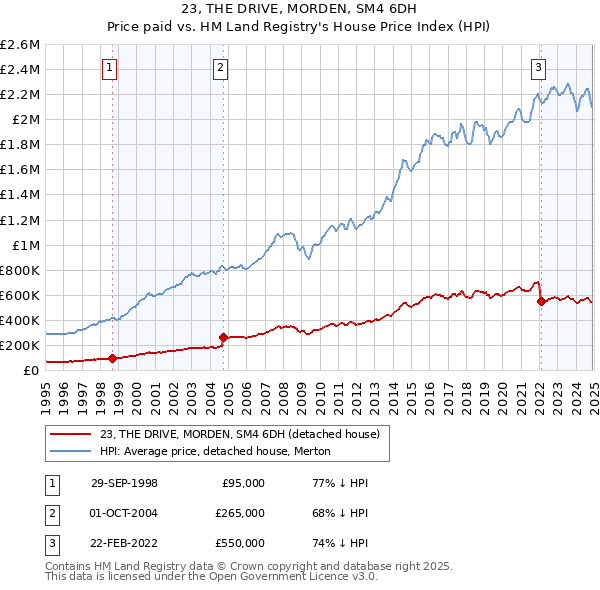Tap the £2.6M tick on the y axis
point(20,45)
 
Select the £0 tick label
point(32,370)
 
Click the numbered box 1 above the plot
point(108,68)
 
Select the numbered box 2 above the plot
point(219,68)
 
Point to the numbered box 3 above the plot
point(538,68)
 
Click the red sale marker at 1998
point(112,358)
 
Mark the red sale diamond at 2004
point(223,337)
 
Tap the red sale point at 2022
point(541,301)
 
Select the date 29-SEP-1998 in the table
point(124,483)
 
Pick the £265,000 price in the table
point(241,513)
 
